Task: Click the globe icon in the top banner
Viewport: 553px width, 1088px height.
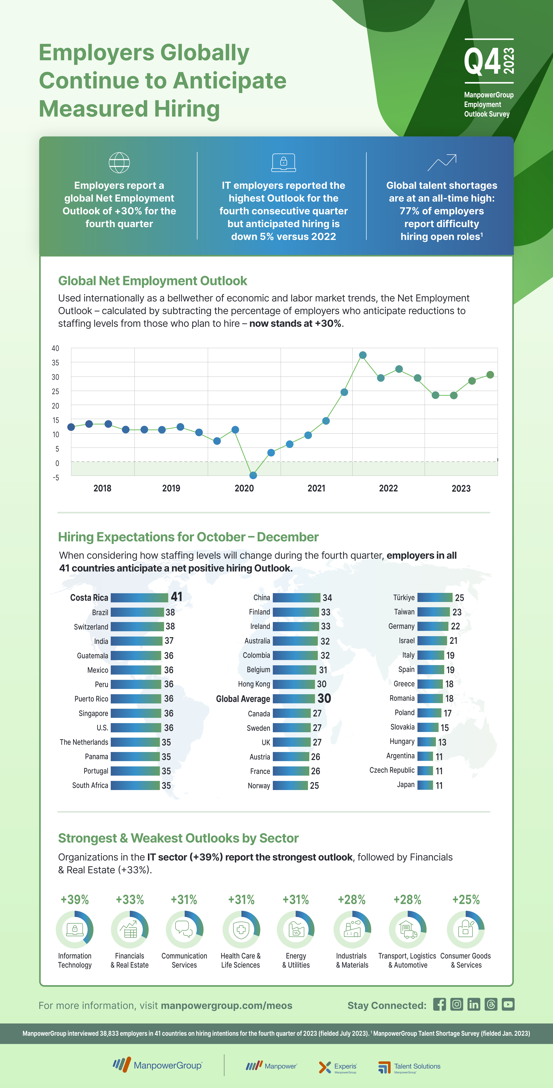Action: tap(119, 163)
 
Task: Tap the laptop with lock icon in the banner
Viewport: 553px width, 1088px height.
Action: tap(283, 163)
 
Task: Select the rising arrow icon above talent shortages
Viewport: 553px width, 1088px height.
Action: tap(442, 163)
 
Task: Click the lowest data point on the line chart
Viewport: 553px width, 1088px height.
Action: tap(253, 475)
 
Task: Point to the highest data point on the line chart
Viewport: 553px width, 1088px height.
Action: tap(363, 355)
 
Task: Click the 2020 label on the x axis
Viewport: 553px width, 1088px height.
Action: tap(244, 488)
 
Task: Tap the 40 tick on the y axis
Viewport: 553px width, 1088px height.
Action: tap(55, 348)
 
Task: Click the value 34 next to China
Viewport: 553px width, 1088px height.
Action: tap(327, 598)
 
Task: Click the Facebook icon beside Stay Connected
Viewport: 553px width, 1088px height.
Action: tap(439, 1004)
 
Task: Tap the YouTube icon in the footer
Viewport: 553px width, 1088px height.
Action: tap(508, 1004)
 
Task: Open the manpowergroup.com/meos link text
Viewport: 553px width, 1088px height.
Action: tap(227, 1006)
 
